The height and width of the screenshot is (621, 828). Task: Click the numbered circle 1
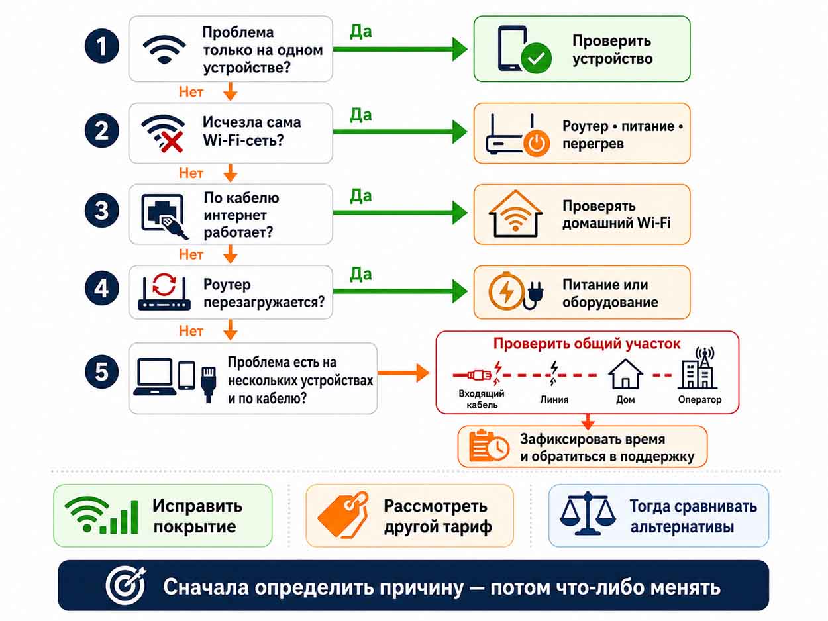pyautogui.click(x=102, y=46)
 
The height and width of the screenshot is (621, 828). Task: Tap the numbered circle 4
pyautogui.click(x=102, y=289)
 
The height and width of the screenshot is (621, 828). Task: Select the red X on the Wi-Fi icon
pyautogui.click(x=172, y=142)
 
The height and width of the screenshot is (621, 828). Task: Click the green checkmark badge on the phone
pyautogui.click(x=536, y=58)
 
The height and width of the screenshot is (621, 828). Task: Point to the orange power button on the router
pyautogui.click(x=537, y=143)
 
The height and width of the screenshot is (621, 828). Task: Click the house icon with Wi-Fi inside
pyautogui.click(x=515, y=213)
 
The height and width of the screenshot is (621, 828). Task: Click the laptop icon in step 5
pyautogui.click(x=154, y=377)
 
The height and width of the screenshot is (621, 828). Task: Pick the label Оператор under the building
pyautogui.click(x=699, y=399)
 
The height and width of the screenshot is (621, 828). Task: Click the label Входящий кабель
pyautogui.click(x=482, y=399)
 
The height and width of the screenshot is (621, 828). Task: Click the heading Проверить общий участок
pyautogui.click(x=587, y=344)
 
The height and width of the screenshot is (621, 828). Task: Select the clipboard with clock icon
pyautogui.click(x=488, y=446)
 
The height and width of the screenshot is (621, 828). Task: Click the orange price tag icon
pyautogui.click(x=343, y=514)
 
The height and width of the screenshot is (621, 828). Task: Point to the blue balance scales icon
pyautogui.click(x=588, y=513)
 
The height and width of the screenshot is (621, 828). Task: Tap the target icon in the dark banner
pyautogui.click(x=126, y=585)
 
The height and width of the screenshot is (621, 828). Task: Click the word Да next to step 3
pyautogui.click(x=360, y=196)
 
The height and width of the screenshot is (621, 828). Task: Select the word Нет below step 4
pyautogui.click(x=191, y=330)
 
